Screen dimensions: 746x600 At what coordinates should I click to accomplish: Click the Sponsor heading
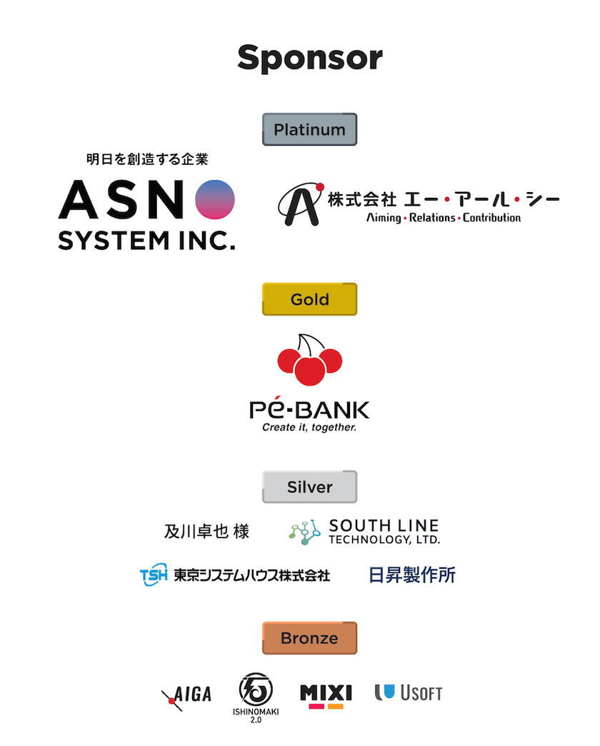pyautogui.click(x=309, y=57)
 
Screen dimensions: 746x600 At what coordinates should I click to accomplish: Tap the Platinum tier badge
pyautogui.click(x=309, y=130)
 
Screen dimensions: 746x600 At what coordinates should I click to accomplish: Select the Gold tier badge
pyautogui.click(x=309, y=300)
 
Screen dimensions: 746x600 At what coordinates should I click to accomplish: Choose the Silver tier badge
pyautogui.click(x=309, y=487)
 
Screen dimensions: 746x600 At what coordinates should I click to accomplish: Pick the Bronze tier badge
pyautogui.click(x=309, y=638)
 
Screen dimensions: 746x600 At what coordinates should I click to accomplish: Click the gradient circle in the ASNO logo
pyautogui.click(x=215, y=199)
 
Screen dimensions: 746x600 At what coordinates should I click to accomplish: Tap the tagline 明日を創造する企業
pyautogui.click(x=146, y=159)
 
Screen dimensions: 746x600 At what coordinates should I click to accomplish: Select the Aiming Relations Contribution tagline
pyautogui.click(x=443, y=217)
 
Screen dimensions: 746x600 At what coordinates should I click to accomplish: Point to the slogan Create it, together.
pyautogui.click(x=309, y=428)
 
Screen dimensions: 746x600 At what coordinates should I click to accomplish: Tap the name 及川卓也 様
pyautogui.click(x=206, y=532)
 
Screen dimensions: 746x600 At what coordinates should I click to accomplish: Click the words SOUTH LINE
pyautogui.click(x=384, y=526)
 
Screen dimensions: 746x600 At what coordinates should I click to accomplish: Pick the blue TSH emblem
pyautogui.click(x=154, y=575)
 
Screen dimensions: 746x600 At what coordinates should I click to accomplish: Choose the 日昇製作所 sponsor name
pyautogui.click(x=412, y=575)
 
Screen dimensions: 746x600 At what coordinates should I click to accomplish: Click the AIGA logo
pyautogui.click(x=187, y=694)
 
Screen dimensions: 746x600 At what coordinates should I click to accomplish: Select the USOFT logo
pyautogui.click(x=409, y=692)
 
